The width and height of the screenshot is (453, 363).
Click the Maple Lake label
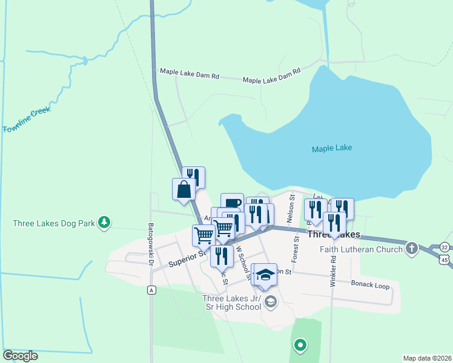[331, 148]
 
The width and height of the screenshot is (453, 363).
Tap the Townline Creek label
[26, 120]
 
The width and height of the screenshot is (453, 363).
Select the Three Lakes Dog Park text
[54, 223]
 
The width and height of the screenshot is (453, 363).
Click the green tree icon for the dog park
[105, 223]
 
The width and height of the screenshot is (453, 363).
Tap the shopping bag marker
[184, 189]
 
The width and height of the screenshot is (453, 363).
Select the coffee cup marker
[232, 203]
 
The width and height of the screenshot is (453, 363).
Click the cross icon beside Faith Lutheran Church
[412, 248]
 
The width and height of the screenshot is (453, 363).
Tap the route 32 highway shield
[445, 247]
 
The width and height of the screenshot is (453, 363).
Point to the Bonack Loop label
[370, 285]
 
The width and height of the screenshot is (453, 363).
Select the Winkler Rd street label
[332, 270]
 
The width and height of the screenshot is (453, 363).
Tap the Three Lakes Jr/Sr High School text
[232, 302]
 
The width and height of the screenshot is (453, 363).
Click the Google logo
[20, 356]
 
